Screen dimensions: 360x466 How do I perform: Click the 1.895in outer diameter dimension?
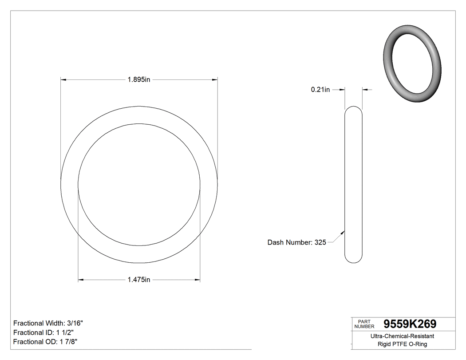click(x=139, y=80)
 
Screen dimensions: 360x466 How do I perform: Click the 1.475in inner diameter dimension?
click(x=139, y=280)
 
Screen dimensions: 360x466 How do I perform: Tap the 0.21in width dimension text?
click(x=320, y=90)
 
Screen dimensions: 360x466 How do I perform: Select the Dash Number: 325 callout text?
click(x=296, y=242)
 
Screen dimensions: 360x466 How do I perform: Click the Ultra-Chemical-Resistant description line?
click(x=402, y=336)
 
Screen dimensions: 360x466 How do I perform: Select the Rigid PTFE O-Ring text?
click(x=402, y=344)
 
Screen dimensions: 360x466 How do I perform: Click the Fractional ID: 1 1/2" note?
click(x=43, y=332)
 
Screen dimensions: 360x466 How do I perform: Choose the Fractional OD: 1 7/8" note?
click(x=46, y=342)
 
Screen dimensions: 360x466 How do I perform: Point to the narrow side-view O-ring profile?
click(x=353, y=184)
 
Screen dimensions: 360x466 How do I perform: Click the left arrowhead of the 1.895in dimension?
click(x=63, y=80)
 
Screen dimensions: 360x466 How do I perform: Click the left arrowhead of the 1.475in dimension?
click(x=81, y=280)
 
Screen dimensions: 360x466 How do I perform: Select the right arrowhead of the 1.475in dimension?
click(x=197, y=280)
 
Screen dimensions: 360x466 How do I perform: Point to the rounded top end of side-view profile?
click(x=353, y=108)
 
